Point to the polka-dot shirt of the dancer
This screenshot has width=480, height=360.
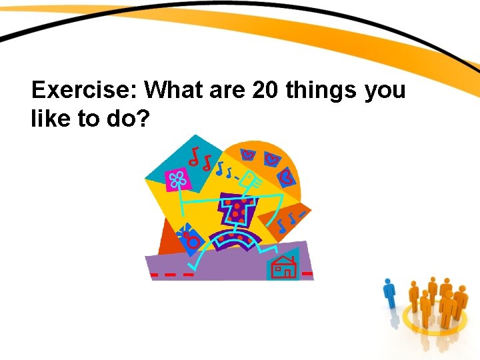(x=237, y=209)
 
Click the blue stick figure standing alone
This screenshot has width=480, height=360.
(x=389, y=298)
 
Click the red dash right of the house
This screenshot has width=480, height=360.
(x=307, y=273)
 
